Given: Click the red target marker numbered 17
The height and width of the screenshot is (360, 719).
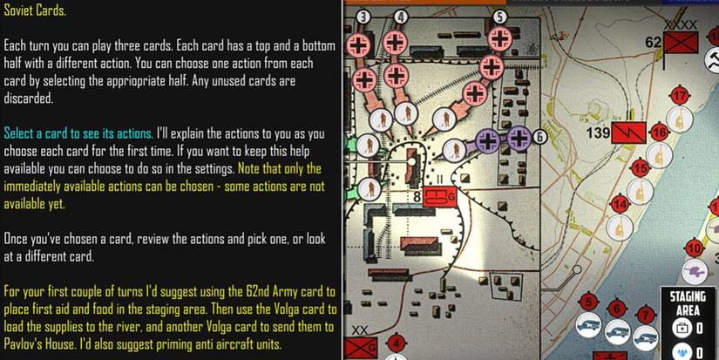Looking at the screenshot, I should pyautogui.click(x=681, y=96).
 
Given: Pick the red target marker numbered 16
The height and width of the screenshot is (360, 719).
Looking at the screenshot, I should pyautogui.click(x=659, y=132).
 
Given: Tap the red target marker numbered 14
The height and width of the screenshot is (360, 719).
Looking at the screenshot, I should pyautogui.click(x=620, y=205).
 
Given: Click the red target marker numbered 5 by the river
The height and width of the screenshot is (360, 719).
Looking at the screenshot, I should pyautogui.click(x=590, y=303).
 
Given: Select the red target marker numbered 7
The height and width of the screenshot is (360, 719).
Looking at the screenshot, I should pyautogui.click(x=644, y=314).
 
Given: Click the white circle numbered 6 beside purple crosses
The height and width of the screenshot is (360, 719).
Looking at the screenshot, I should pyautogui.click(x=539, y=137).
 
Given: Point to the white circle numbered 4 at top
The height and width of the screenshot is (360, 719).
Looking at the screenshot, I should pyautogui.click(x=401, y=17).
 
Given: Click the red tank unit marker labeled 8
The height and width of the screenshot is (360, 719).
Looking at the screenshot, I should pyautogui.click(x=439, y=197).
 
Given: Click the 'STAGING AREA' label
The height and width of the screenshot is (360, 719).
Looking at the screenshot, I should pyautogui.click(x=688, y=303).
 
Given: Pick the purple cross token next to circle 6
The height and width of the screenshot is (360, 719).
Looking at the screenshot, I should pyautogui.click(x=519, y=138).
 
